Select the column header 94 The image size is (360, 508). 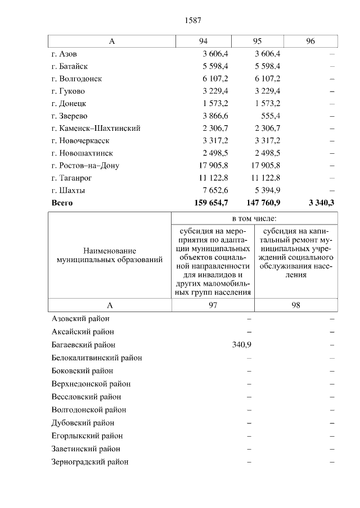point(203,41)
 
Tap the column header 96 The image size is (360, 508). point(310,41)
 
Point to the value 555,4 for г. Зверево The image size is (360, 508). point(271,116)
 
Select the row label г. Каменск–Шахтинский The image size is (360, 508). point(96,128)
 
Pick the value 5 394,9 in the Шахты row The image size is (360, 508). point(268,190)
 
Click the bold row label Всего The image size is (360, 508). point(62,203)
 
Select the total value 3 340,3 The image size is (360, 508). point(321,203)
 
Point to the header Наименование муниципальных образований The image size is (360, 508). point(110,255)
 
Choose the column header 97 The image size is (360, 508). point(213,305)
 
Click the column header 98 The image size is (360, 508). point(296,305)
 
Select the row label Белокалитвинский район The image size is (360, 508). point(96,358)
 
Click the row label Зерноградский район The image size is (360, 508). point(90,462)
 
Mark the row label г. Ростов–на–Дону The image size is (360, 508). point(85,166)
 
